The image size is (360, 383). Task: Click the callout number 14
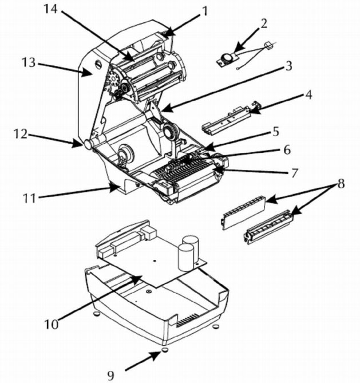[50, 9]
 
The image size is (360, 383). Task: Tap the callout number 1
[205, 11]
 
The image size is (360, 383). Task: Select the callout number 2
[263, 24]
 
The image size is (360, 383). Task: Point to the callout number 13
[29, 62]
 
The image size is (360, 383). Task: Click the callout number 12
[21, 133]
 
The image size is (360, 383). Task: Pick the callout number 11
[29, 198]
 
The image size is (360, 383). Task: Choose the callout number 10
[52, 325]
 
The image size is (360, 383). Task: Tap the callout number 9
[111, 375]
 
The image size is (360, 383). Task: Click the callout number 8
[341, 184]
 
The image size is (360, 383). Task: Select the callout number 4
[308, 95]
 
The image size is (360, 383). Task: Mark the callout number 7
[295, 173]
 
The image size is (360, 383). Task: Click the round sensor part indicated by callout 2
[227, 58]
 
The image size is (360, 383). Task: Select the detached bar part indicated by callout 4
[231, 119]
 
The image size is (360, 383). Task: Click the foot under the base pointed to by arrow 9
[165, 350]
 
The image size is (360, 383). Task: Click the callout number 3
[289, 66]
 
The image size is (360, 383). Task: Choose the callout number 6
[287, 149]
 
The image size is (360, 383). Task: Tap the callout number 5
[276, 132]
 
